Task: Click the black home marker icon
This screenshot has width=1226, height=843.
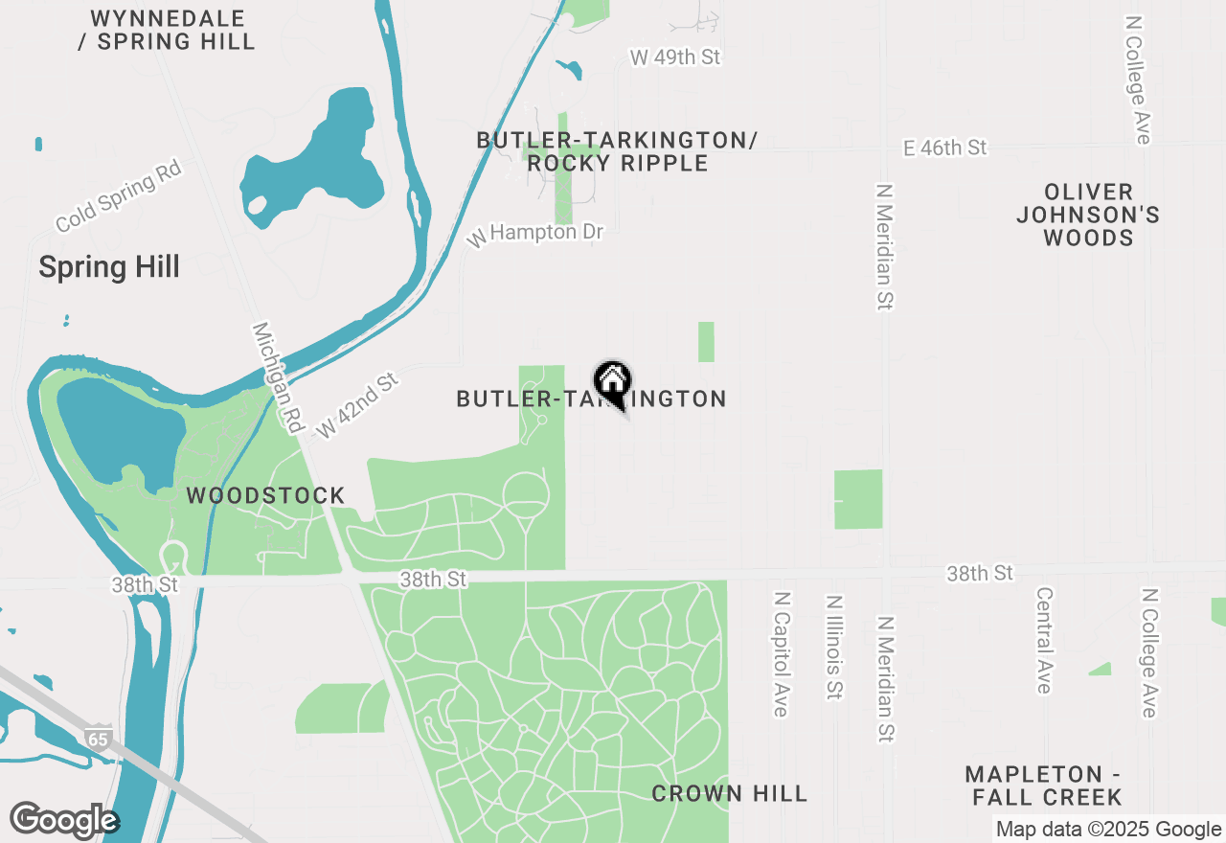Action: [612, 383]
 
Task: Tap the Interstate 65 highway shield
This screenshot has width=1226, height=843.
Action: [97, 739]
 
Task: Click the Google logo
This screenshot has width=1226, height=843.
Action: [63, 820]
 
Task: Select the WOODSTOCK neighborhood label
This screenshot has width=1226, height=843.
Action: [265, 496]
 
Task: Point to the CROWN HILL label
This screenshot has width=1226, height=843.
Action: [730, 793]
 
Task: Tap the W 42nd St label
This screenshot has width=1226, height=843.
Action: [357, 406]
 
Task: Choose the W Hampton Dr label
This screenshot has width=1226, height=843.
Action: [535, 233]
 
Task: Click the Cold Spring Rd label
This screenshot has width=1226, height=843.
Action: [119, 196]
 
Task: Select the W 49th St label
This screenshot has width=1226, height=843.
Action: [675, 57]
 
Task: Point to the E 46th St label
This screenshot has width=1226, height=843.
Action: [944, 148]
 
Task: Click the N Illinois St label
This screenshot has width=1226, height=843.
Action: [834, 647]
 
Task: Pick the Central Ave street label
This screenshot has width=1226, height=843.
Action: [1044, 640]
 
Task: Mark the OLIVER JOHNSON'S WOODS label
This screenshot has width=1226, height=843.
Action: [1088, 215]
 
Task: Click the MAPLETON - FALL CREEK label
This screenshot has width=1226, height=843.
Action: [1043, 786]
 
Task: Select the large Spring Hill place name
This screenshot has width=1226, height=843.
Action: [109, 267]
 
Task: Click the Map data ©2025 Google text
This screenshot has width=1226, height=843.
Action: [1108, 830]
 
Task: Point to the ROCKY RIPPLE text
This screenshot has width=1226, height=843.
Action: [618, 163]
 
